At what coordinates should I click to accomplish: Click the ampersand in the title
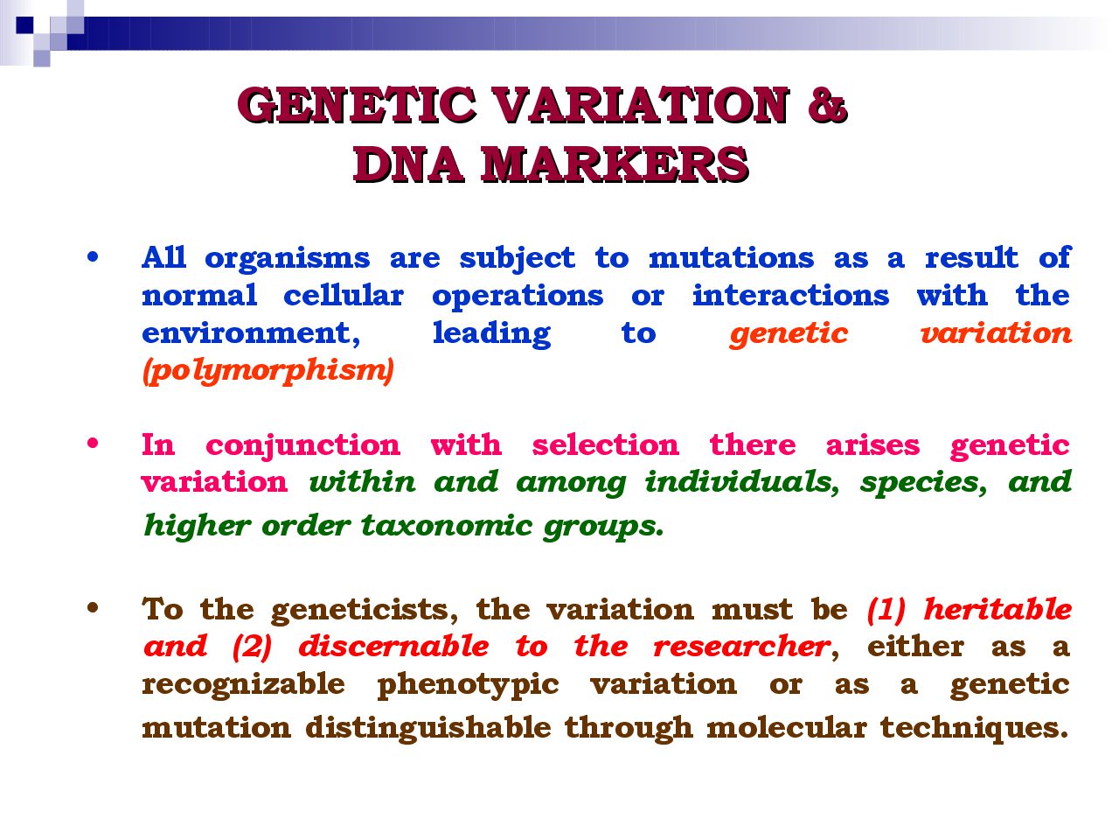[x=826, y=104]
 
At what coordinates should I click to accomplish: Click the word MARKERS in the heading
[x=615, y=164]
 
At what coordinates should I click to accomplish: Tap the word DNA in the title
[x=408, y=164]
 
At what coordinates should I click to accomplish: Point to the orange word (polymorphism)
[x=268, y=371]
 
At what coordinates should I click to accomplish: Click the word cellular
[x=344, y=295]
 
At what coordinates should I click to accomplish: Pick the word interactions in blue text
[x=790, y=295]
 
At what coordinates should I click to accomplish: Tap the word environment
[x=251, y=334]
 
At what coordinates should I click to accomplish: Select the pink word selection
[x=606, y=444]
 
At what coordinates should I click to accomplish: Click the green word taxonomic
[x=447, y=526]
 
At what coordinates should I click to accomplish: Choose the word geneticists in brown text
[x=364, y=611]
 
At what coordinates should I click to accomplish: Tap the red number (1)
[x=886, y=610]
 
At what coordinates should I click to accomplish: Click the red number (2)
[x=253, y=647]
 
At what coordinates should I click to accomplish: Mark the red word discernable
[x=393, y=647]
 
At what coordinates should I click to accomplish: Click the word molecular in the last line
[x=787, y=727]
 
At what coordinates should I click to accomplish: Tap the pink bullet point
[x=93, y=444]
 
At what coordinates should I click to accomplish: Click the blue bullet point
[x=93, y=257]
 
